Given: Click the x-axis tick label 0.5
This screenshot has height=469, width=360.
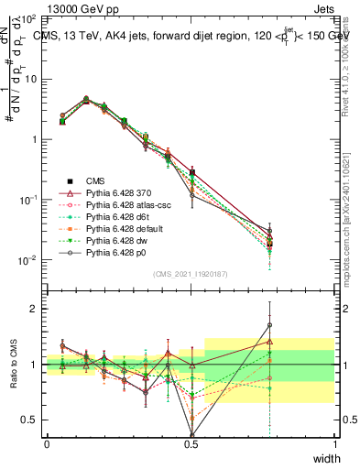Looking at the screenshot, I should click(191, 443).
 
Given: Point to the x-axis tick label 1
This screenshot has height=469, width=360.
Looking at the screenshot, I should click(335, 443).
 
